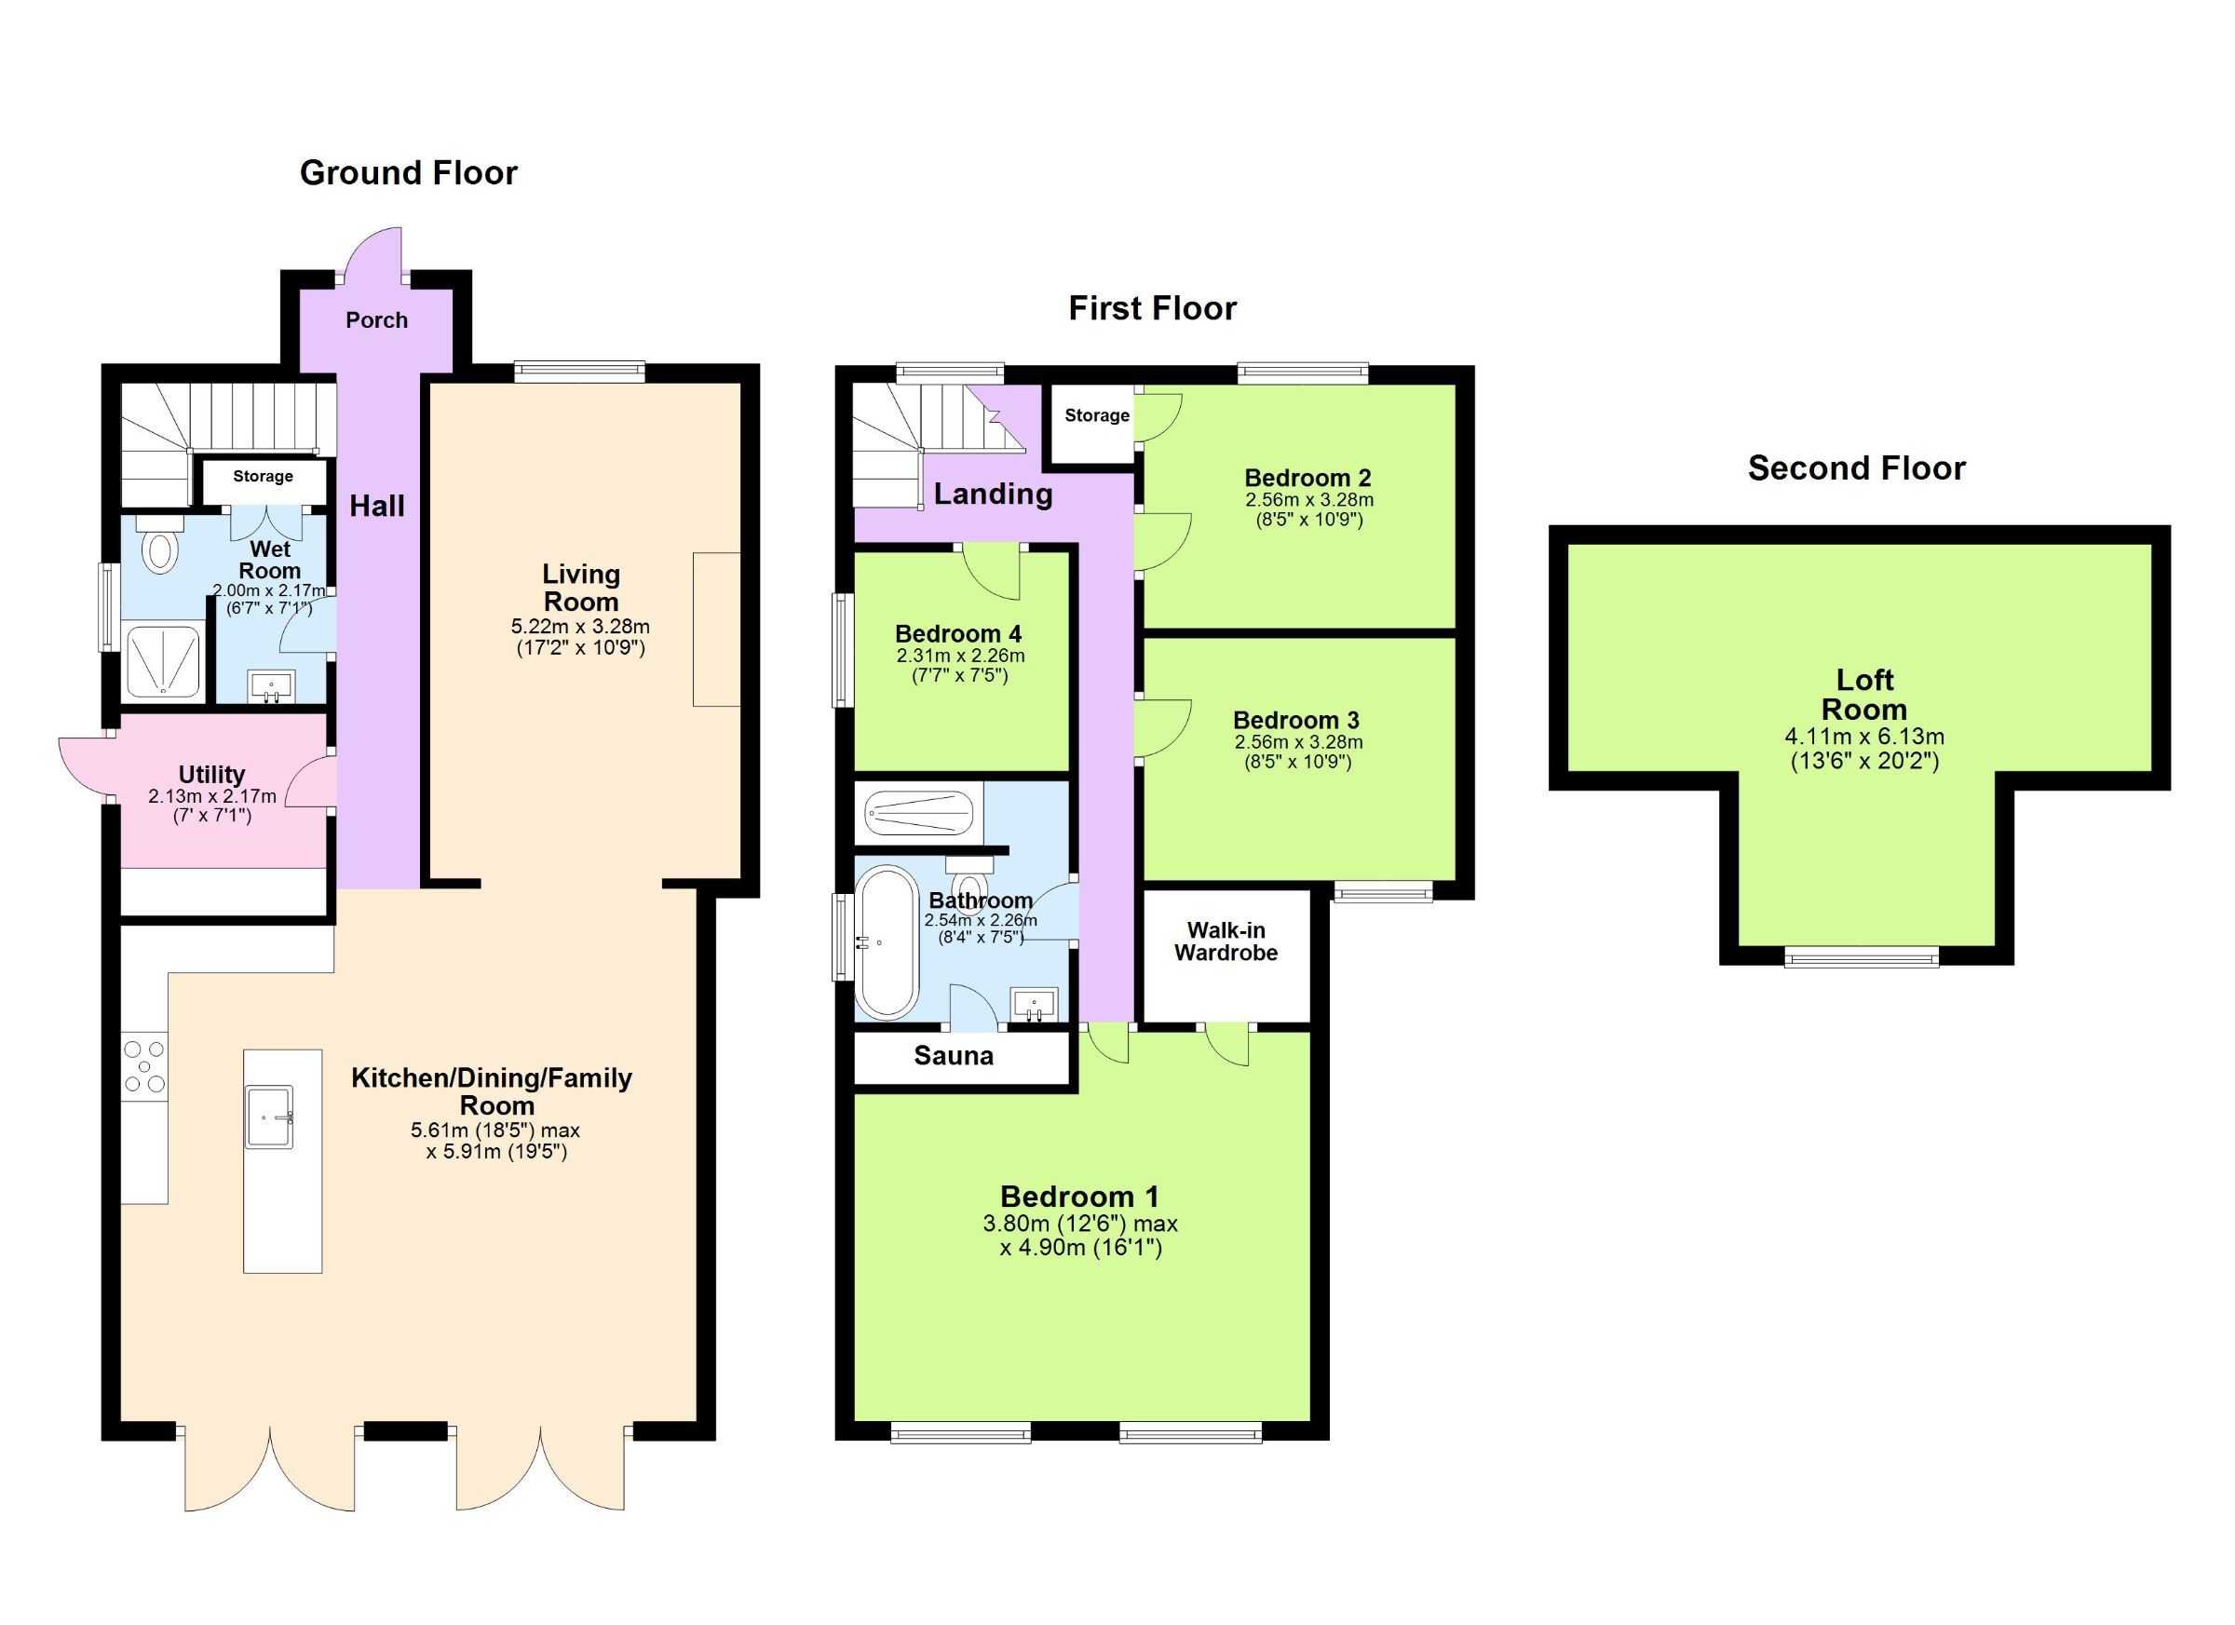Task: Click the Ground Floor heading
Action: click(408, 173)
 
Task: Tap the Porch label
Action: click(376, 320)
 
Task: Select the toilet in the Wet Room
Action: click(158, 548)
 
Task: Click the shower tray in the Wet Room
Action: click(164, 663)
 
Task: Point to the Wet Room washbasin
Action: click(271, 686)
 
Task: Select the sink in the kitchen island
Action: click(270, 1117)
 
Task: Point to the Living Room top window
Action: click(579, 372)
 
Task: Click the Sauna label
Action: click(953, 1056)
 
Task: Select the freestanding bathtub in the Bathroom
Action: click(885, 942)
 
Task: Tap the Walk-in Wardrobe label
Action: click(1226, 941)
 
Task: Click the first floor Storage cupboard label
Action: click(1096, 416)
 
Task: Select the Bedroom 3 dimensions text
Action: click(1298, 752)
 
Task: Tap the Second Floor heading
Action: click(1857, 468)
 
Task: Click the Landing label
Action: click(993, 494)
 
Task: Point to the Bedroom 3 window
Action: click(1383, 892)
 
